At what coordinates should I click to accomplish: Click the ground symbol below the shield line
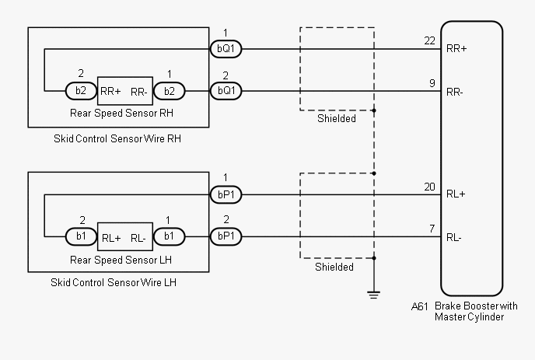[x=374, y=294]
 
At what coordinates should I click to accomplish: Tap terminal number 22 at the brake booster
[x=429, y=40]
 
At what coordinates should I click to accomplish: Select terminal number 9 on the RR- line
[x=432, y=83]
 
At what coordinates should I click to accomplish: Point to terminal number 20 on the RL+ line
[x=429, y=186]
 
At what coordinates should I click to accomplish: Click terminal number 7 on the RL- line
[x=432, y=229]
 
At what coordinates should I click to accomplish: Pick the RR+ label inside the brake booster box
[x=456, y=49]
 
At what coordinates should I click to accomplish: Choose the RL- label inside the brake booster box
[x=455, y=237]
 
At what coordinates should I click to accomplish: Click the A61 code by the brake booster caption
[x=419, y=306]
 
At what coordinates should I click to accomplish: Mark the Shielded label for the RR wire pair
[x=337, y=119]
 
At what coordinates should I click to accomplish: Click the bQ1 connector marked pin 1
[x=226, y=49]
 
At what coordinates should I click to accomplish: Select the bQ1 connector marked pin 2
[x=226, y=91]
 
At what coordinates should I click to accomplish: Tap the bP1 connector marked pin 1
[x=226, y=194]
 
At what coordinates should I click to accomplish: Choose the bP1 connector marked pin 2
[x=226, y=236]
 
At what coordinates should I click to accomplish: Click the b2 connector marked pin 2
[x=81, y=91]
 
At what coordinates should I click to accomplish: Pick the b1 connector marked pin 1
[x=167, y=236]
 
